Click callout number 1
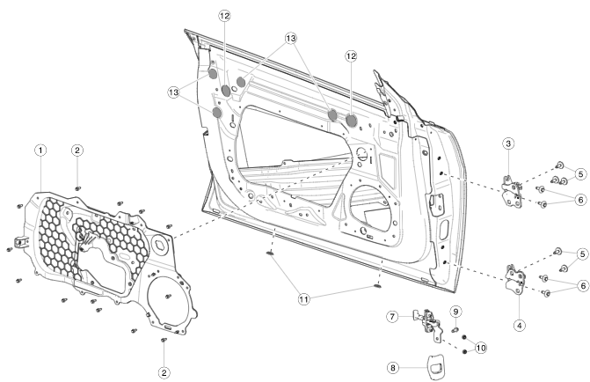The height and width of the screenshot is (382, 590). [x=40, y=151]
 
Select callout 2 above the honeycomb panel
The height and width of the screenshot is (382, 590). [x=77, y=151]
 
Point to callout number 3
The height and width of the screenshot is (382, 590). [x=508, y=143]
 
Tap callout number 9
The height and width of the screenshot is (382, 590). [x=455, y=312]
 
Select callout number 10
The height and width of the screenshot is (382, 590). [x=480, y=349]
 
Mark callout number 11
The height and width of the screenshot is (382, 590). [x=303, y=299]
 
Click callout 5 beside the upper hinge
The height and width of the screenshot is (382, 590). [x=580, y=173]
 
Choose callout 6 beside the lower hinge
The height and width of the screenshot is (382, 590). [x=580, y=285]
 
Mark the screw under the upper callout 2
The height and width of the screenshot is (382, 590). [x=78, y=187]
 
